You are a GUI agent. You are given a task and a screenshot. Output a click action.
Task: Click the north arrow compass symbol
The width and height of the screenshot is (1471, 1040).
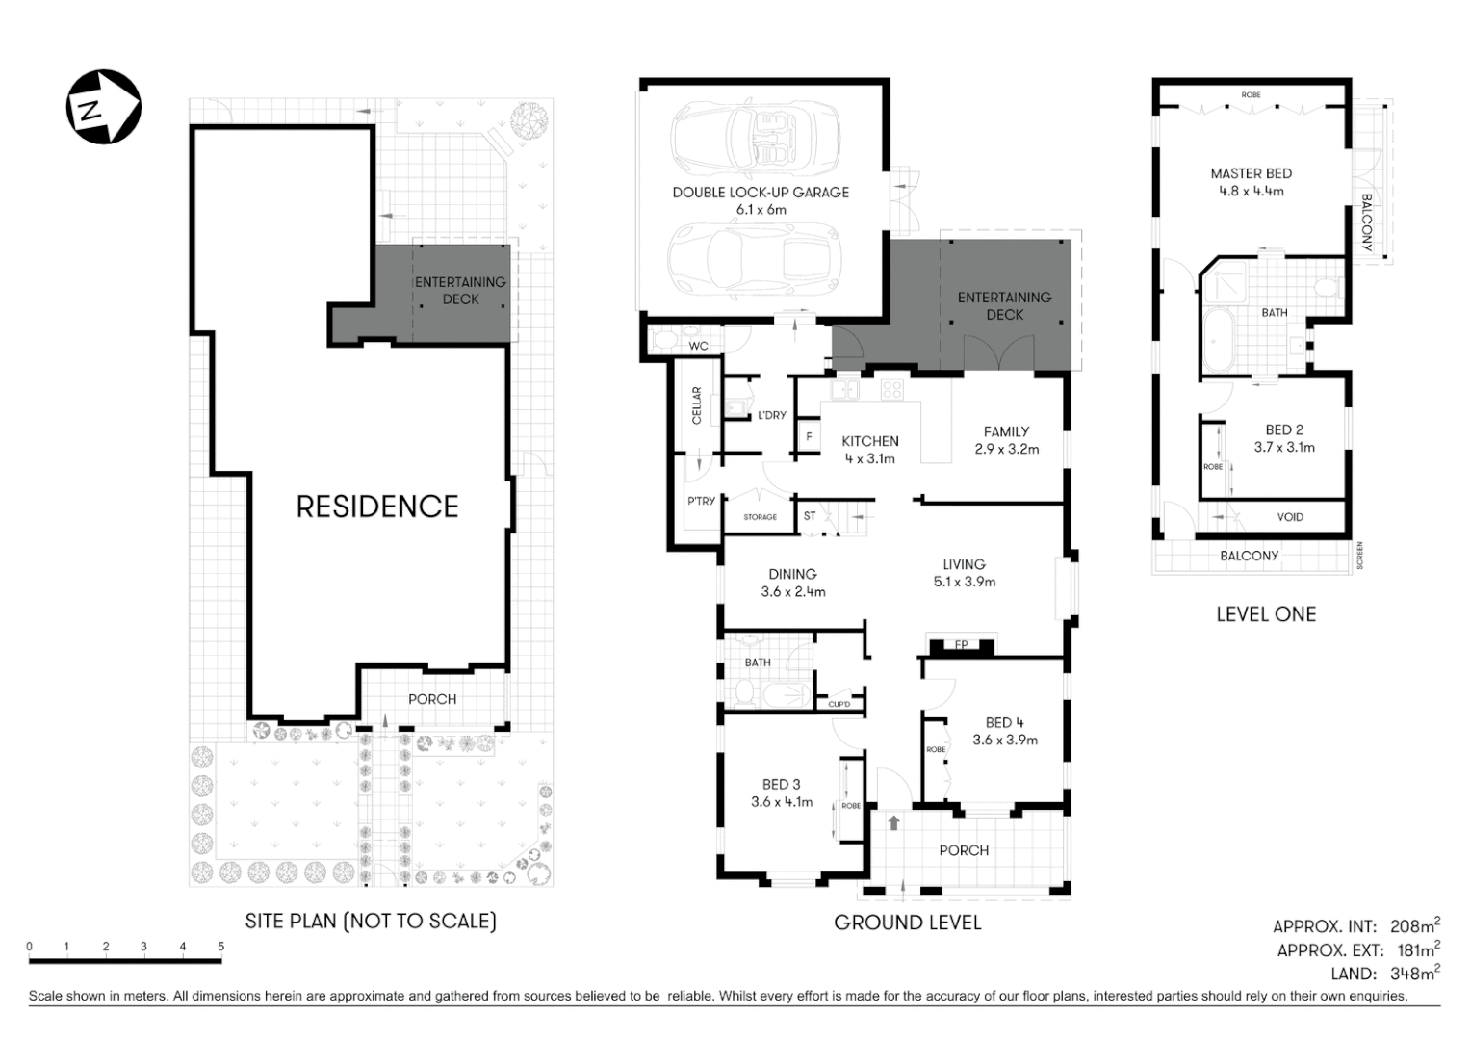point(103,107)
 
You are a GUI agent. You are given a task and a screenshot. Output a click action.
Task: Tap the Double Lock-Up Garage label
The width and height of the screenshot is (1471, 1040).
point(761,193)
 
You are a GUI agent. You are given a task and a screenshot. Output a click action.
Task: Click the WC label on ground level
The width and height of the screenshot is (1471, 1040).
point(698,346)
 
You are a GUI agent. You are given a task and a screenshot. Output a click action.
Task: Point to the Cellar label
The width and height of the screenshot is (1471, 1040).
point(697,405)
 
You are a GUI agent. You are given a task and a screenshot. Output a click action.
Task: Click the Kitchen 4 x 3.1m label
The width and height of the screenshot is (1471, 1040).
point(870,450)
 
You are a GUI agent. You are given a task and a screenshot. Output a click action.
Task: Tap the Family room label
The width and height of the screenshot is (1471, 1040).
point(1006,432)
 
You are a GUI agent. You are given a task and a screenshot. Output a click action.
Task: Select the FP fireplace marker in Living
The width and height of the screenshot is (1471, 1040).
point(961,644)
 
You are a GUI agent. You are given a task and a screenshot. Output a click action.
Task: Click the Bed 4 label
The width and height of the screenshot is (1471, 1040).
point(1004,723)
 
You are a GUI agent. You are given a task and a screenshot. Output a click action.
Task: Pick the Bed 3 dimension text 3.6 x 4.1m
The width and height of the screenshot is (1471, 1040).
point(782,801)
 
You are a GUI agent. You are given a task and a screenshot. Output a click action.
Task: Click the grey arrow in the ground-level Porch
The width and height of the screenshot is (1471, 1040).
point(893,822)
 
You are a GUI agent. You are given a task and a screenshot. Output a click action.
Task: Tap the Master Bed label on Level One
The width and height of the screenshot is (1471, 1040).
point(1251,174)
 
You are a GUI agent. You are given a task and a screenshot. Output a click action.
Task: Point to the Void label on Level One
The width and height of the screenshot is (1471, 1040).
point(1290,517)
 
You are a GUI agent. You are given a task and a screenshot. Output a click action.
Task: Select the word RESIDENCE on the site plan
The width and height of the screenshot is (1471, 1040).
point(377,507)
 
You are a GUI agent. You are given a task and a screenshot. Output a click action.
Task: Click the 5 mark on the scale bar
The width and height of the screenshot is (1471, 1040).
point(221,947)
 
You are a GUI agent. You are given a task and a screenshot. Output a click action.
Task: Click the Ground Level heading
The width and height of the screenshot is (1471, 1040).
point(907,923)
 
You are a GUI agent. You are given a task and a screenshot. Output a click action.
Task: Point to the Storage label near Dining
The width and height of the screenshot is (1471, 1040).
point(760,517)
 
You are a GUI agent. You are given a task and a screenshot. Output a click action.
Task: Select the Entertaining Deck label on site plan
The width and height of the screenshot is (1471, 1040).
point(460,291)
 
